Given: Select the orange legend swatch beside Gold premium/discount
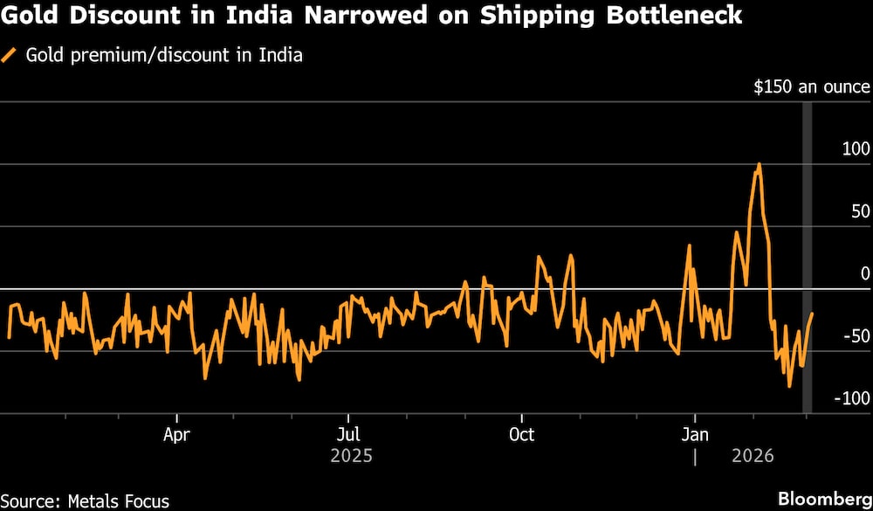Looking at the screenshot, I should click(x=10, y=56).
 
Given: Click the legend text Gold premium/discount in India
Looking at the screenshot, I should click(x=164, y=56).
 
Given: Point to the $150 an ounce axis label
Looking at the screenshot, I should click(x=812, y=87).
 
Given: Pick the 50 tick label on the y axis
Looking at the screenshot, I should click(x=861, y=211).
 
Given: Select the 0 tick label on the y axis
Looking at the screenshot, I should click(x=865, y=274).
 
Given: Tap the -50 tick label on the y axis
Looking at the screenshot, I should click(x=857, y=336).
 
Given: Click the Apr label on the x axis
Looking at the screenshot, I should click(x=177, y=434).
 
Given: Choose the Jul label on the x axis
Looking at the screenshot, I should click(x=348, y=434).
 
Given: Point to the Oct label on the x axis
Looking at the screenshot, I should click(x=521, y=434).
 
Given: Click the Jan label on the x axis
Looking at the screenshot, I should click(x=694, y=434).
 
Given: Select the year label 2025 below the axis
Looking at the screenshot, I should click(x=352, y=456).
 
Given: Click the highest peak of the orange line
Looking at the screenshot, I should click(x=759, y=163).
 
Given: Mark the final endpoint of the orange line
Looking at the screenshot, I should click(x=812, y=314).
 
